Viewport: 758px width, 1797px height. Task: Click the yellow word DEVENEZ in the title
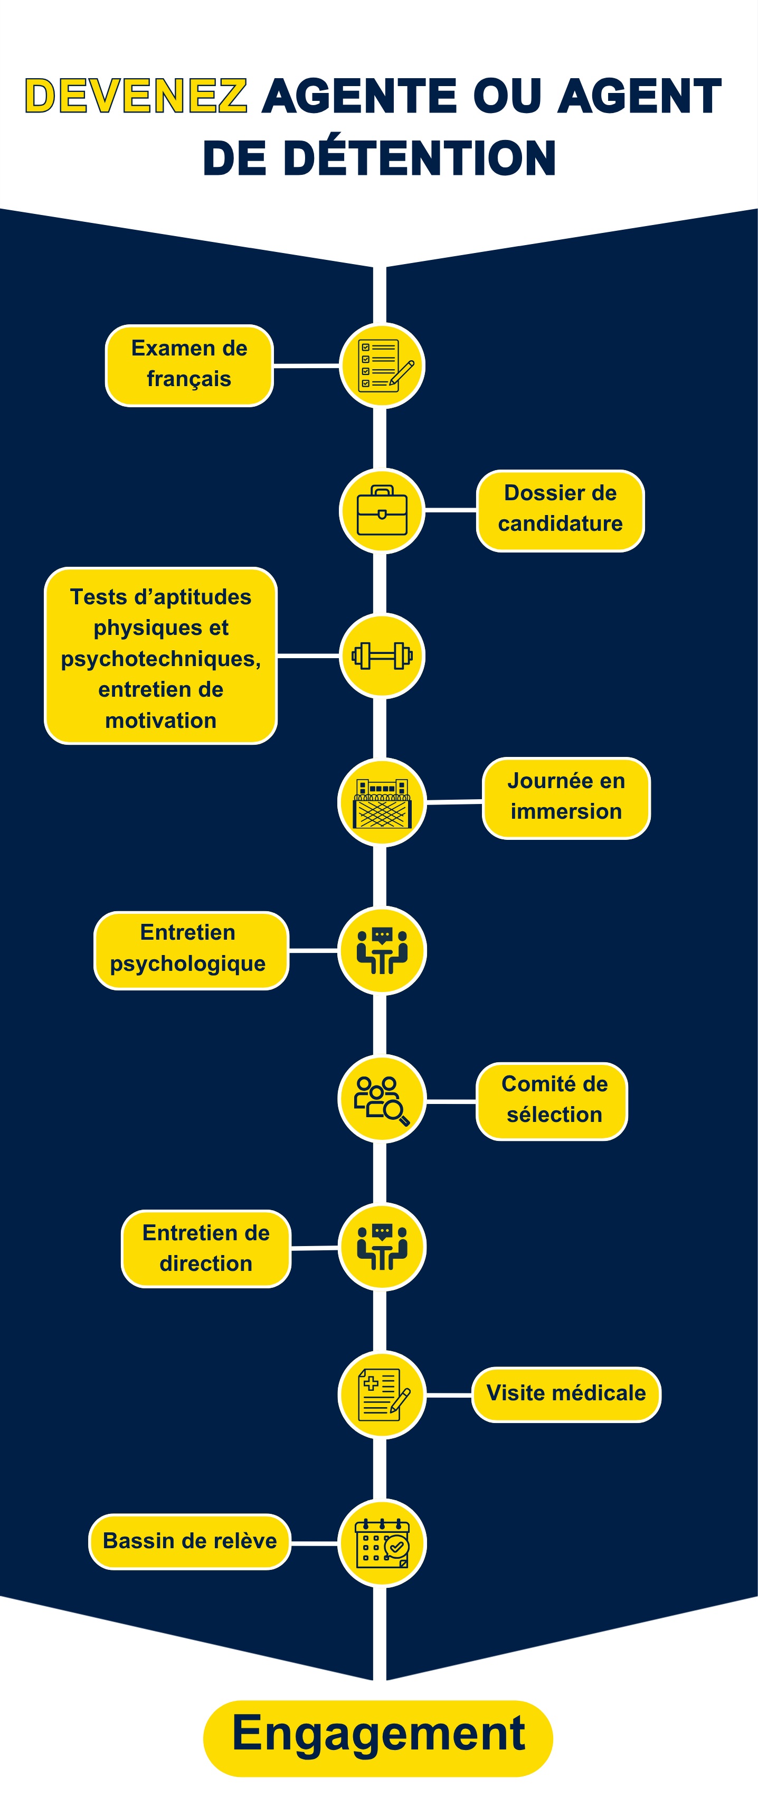[136, 96]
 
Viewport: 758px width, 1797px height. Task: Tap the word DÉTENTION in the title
[420, 157]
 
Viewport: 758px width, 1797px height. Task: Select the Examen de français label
[189, 366]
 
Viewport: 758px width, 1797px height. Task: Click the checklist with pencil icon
[382, 366]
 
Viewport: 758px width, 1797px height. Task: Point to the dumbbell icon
[382, 656]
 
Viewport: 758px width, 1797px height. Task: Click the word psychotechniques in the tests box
[160, 659]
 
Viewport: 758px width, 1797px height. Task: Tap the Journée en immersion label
[566, 798]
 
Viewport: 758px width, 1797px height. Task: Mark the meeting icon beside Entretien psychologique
[382, 950]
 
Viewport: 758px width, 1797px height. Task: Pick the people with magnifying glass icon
[382, 1099]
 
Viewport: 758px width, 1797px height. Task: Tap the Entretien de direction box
[206, 1249]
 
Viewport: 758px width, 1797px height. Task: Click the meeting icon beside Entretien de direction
[382, 1247]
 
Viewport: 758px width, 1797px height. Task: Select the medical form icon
[382, 1394]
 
